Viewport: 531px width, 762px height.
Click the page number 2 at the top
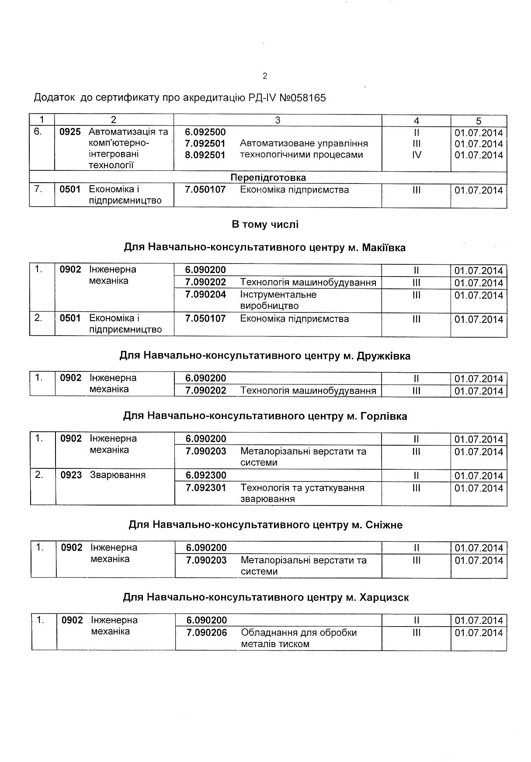tap(265, 76)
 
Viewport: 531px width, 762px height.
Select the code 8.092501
tap(205, 155)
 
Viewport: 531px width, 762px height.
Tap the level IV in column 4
tap(416, 155)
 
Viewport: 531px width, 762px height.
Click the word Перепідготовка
tap(268, 178)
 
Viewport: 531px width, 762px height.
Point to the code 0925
tap(70, 132)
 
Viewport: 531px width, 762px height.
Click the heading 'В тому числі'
tap(265, 225)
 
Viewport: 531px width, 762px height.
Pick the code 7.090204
tap(206, 294)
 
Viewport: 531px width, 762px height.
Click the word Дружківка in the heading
tap(384, 356)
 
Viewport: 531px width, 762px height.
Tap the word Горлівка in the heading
tap(384, 416)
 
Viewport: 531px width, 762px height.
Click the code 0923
tap(71, 475)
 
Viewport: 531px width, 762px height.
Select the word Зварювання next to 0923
tap(118, 475)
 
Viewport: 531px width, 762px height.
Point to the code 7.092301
tap(206, 488)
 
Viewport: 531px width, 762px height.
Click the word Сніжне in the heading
tap(382, 525)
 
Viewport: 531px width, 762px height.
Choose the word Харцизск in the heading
tap(384, 597)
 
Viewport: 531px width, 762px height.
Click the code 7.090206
tap(207, 632)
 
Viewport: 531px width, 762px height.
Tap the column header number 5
tap(479, 121)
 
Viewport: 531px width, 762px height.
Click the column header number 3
tap(278, 120)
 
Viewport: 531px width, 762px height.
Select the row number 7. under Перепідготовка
tap(38, 190)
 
